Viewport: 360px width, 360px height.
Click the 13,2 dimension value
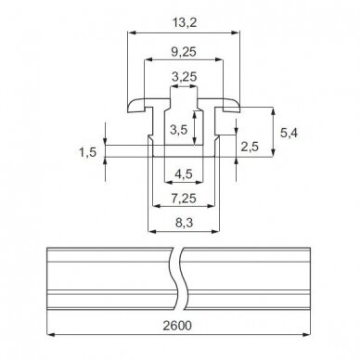[x=185, y=22]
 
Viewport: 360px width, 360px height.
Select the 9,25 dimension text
[x=184, y=52]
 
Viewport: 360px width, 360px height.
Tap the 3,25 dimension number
[x=184, y=77]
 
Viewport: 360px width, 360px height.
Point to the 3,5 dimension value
[x=179, y=130]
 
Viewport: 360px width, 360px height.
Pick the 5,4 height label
[x=289, y=133]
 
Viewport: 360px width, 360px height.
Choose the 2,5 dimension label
[x=250, y=147]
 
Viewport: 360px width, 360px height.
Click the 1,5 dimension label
[x=88, y=152]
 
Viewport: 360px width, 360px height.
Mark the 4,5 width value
[x=184, y=174]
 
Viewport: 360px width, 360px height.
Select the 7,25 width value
[x=184, y=199]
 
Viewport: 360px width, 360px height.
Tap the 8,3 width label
[x=185, y=223]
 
